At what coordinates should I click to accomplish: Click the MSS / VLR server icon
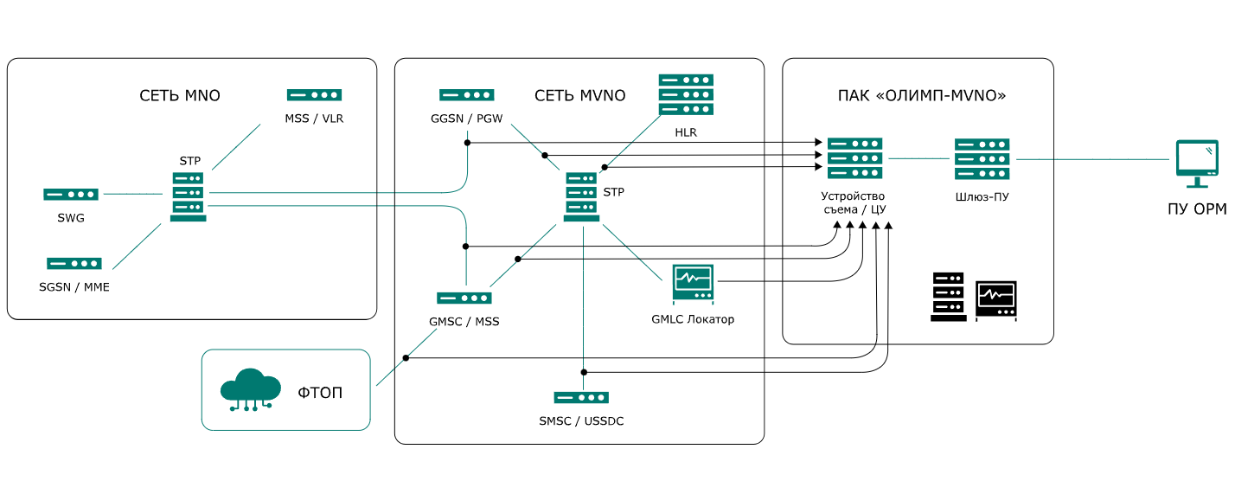pyautogui.click(x=315, y=95)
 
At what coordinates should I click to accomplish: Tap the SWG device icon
pyautogui.click(x=71, y=195)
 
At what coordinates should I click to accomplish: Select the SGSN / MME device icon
pyautogui.click(x=74, y=263)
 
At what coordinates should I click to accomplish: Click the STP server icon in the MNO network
pyautogui.click(x=189, y=196)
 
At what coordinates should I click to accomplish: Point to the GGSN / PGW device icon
pyautogui.click(x=467, y=95)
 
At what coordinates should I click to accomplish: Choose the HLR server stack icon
pyautogui.click(x=686, y=94)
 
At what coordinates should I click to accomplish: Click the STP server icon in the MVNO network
pyautogui.click(x=582, y=196)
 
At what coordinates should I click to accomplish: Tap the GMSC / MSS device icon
pyautogui.click(x=464, y=298)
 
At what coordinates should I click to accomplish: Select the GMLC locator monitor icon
pyautogui.click(x=693, y=284)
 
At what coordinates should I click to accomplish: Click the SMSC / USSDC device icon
pyautogui.click(x=581, y=397)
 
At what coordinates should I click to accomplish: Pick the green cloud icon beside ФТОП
pyautogui.click(x=251, y=388)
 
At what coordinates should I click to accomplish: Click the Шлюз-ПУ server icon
pyautogui.click(x=982, y=159)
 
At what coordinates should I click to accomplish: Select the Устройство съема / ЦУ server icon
pyautogui.click(x=854, y=158)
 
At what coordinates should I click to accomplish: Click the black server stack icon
pyautogui.click(x=949, y=297)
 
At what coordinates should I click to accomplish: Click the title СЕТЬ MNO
pyautogui.click(x=180, y=96)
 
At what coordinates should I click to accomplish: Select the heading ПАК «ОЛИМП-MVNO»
pyautogui.click(x=922, y=96)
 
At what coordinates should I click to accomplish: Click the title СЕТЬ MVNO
pyautogui.click(x=579, y=96)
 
